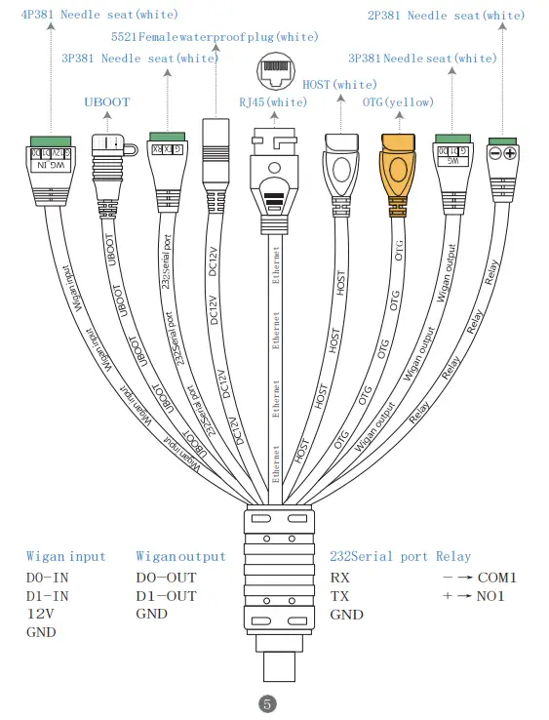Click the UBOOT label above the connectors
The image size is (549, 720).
click(x=106, y=101)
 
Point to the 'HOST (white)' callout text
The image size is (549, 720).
click(x=339, y=86)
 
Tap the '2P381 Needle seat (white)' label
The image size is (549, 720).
click(x=445, y=15)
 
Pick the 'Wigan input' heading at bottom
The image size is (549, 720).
click(x=65, y=556)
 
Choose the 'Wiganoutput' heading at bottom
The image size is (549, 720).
click(x=180, y=556)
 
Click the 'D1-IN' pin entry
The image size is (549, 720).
click(x=47, y=595)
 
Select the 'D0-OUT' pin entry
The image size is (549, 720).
click(x=166, y=577)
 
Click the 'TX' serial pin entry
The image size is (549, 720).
click(x=340, y=595)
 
